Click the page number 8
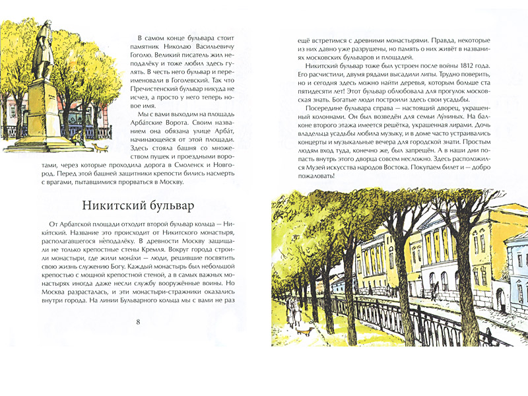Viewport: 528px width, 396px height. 137,321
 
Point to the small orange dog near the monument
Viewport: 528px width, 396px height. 98,147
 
